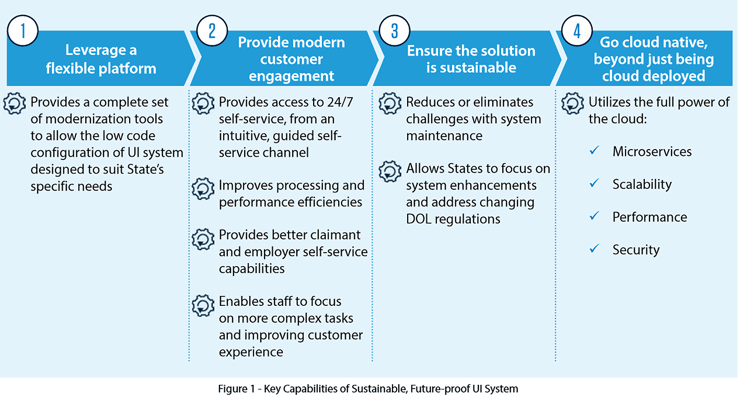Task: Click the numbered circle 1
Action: (23, 31)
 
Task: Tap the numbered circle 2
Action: (212, 31)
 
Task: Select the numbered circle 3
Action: (395, 31)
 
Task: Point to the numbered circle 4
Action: (577, 31)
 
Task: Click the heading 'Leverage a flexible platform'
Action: (101, 59)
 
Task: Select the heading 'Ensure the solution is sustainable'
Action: (471, 59)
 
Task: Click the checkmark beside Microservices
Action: (594, 151)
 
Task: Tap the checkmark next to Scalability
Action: (594, 183)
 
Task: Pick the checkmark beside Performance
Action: (594, 215)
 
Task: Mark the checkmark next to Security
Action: (594, 248)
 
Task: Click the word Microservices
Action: (652, 152)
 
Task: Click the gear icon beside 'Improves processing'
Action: (203, 189)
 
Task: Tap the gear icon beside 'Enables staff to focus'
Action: (203, 305)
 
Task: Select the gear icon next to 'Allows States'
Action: (390, 172)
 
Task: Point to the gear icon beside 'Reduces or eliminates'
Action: (390, 104)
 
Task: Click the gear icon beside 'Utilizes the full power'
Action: (573, 104)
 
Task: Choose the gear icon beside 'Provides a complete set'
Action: (15, 104)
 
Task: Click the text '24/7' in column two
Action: (340, 102)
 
